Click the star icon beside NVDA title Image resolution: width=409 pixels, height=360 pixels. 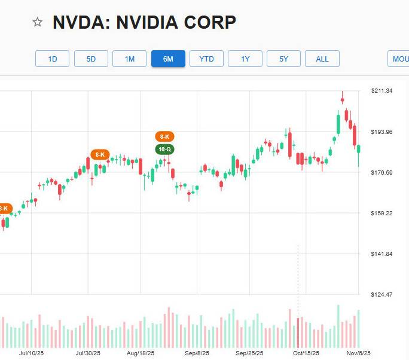(x=38, y=23)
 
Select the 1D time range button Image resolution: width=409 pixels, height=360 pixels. (x=53, y=59)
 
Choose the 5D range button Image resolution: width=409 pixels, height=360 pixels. (x=91, y=59)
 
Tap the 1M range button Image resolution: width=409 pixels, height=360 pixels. (x=130, y=59)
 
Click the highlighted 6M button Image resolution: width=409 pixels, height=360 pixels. (x=168, y=59)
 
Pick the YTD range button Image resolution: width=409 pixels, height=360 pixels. (x=206, y=59)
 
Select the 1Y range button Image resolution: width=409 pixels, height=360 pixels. (x=245, y=59)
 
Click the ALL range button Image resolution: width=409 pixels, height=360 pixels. (x=322, y=59)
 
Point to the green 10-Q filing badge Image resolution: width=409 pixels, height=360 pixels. (x=164, y=149)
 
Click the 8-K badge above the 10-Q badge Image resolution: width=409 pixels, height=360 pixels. (x=164, y=136)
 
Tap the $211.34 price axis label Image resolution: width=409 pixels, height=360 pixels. (x=382, y=91)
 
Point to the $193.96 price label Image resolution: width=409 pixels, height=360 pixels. (x=382, y=132)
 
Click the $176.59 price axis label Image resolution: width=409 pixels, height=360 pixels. (x=382, y=173)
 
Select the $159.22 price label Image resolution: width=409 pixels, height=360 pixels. (x=382, y=213)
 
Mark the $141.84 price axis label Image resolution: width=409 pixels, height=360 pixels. (x=382, y=254)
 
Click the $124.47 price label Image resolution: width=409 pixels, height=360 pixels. (x=382, y=295)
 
